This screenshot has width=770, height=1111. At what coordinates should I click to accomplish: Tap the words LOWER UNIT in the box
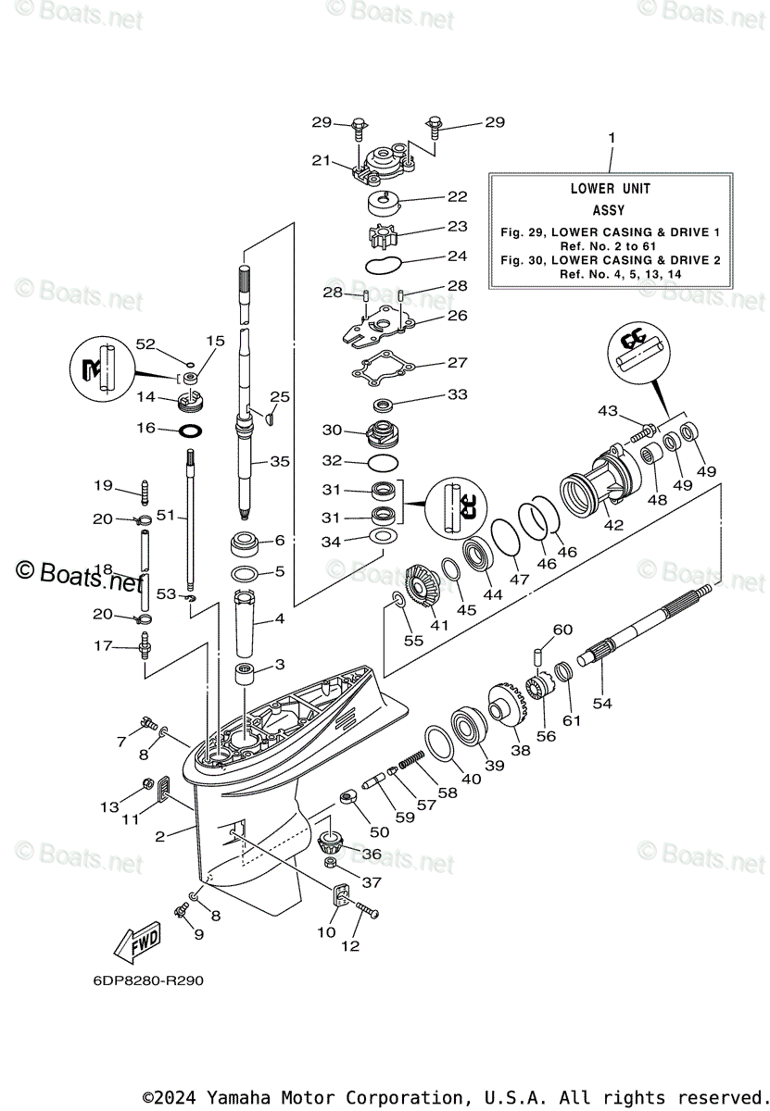click(610, 189)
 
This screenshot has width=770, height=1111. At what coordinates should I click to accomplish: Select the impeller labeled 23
click(384, 236)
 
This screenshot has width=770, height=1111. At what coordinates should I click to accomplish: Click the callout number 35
click(280, 461)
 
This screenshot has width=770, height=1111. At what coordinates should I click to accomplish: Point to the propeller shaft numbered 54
click(644, 623)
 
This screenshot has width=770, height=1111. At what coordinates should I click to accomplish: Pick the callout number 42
click(613, 524)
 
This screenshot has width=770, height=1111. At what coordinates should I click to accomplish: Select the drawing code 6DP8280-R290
click(148, 980)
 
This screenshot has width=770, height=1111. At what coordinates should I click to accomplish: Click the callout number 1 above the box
click(612, 137)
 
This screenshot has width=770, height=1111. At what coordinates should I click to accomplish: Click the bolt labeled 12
click(366, 910)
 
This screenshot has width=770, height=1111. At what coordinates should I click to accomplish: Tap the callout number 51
click(165, 516)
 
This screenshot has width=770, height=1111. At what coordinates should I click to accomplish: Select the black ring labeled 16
click(190, 431)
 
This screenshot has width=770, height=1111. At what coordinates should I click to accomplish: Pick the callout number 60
click(562, 630)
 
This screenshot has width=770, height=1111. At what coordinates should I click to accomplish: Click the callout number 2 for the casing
click(159, 837)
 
